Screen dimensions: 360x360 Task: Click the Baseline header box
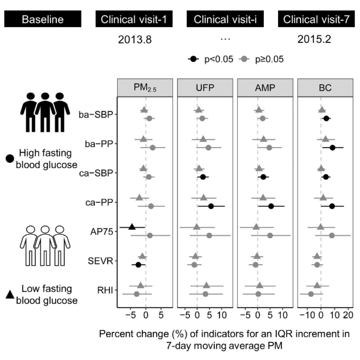coord(43,19)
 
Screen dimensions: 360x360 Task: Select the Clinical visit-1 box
coord(134,19)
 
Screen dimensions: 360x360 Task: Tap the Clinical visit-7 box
coord(316,19)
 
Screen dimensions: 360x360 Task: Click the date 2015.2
coord(314,40)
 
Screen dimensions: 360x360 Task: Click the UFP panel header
coord(205,89)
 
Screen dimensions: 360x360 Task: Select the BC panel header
coord(324,89)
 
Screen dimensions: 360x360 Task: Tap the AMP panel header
coord(265,89)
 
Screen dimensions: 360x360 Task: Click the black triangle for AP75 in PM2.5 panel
coord(132,227)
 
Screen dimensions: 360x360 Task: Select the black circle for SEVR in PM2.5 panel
coord(138,265)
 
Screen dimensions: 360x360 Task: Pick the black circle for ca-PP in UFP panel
coord(211,206)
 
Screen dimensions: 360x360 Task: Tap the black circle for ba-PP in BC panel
coord(332,147)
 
